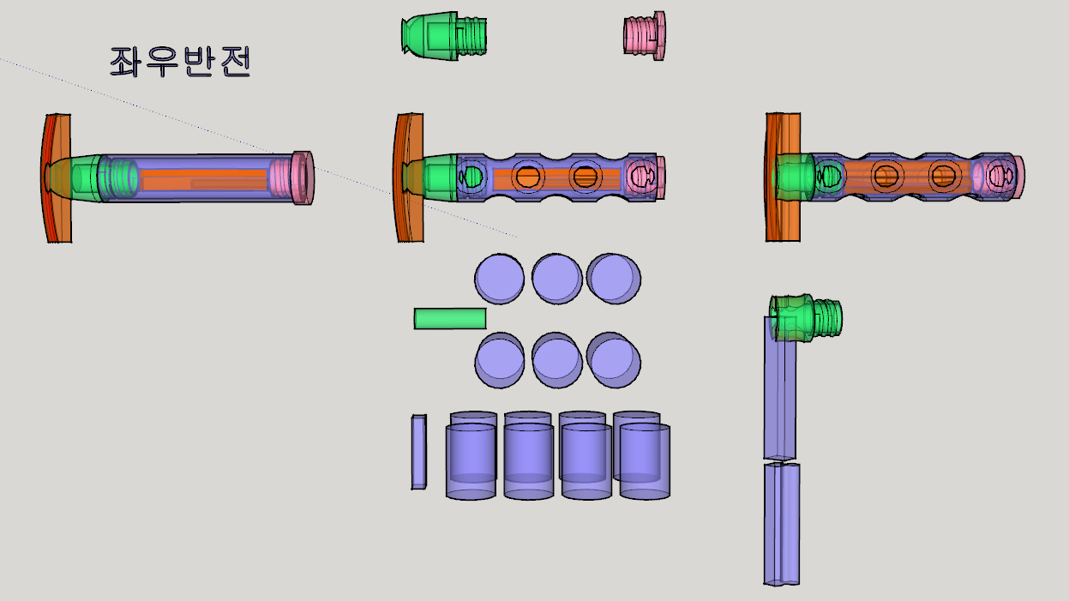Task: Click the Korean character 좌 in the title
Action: click(x=124, y=62)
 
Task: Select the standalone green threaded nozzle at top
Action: click(x=444, y=36)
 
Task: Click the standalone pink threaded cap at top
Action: click(x=645, y=36)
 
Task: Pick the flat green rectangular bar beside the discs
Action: click(x=450, y=318)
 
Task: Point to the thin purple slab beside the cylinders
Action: click(x=419, y=452)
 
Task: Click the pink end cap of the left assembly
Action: click(x=303, y=178)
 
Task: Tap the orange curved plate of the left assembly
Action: click(x=57, y=178)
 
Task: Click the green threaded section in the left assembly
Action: click(x=118, y=178)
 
